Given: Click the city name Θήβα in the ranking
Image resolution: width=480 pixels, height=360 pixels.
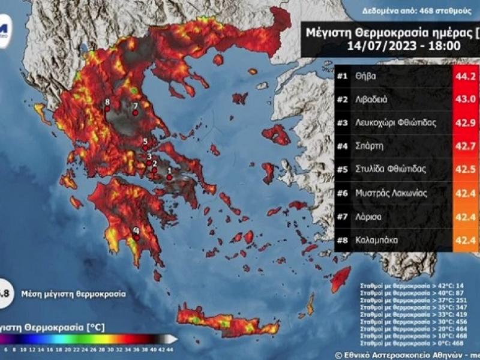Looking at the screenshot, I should point(367,76).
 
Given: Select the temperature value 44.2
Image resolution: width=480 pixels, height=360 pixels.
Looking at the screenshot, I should point(466,77).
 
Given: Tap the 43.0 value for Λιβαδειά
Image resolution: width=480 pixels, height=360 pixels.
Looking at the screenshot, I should point(466,100).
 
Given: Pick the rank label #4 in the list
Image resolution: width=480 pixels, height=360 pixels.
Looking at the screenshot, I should point(343,146).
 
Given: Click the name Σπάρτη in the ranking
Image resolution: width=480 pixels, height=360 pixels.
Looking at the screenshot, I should point(370,146).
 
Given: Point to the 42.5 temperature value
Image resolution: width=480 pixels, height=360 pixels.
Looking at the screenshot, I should point(466,169).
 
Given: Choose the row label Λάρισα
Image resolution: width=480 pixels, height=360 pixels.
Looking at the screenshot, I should point(370,216).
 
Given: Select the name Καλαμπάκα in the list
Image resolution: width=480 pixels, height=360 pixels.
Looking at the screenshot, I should point(378,239).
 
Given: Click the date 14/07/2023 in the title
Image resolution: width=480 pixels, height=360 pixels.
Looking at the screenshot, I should point(377,45).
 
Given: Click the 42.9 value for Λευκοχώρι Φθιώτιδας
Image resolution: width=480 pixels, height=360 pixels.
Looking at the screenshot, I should point(466,123).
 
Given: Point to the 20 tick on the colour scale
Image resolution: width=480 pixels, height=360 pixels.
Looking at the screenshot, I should point(68,349).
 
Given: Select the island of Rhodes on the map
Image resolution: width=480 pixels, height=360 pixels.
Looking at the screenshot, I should point(341,277).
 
